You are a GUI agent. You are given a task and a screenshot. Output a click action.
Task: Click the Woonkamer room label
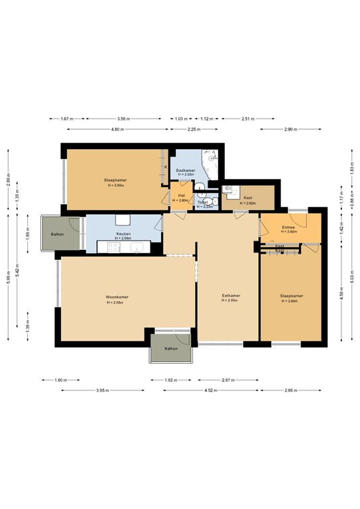pos(117,297)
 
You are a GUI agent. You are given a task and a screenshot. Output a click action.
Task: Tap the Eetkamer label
pos(231,296)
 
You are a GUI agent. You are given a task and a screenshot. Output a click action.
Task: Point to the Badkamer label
pos(185,171)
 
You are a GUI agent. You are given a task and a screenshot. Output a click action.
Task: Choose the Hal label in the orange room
pos(181,196)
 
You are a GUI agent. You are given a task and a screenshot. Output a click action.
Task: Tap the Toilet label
pos(204,201)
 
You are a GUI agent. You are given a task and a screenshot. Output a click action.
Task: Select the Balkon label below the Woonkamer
pos(171,348)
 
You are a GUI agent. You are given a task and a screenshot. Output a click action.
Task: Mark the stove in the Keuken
pos(113,248)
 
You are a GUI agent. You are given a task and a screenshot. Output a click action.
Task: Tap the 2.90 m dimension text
pos(290,129)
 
